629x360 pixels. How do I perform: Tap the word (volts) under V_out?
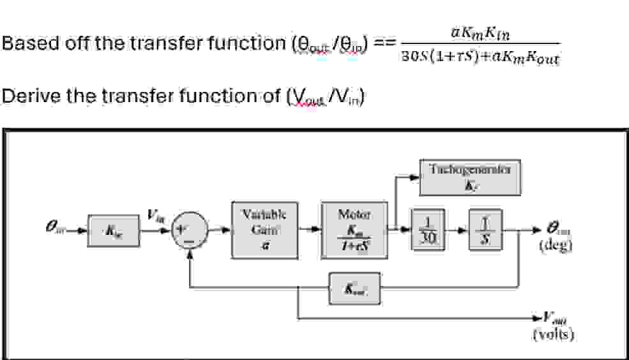coord(553,334)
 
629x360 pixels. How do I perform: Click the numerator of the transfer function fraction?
coord(477,30)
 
